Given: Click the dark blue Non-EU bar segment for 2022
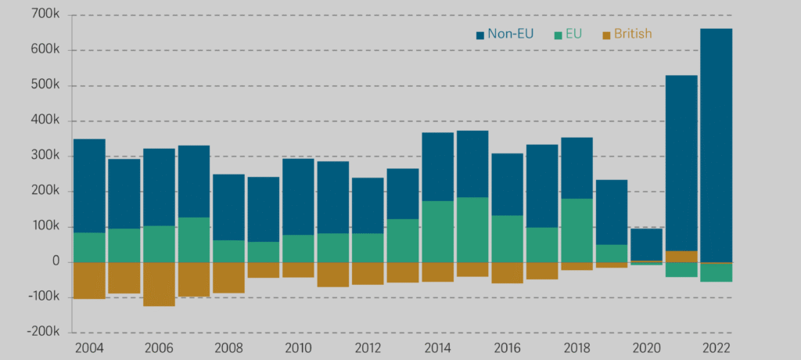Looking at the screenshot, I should click(716, 145).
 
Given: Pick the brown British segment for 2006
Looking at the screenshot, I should click(159, 284).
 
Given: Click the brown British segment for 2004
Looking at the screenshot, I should click(89, 280).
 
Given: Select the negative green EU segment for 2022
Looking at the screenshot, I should click(716, 272).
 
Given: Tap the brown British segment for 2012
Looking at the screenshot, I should click(368, 273).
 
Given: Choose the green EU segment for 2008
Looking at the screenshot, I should click(228, 251).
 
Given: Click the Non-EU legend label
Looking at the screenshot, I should click(510, 34).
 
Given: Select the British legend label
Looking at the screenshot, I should click(633, 34).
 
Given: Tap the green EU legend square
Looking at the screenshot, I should click(558, 34).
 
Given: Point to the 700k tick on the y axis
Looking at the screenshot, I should click(46, 15).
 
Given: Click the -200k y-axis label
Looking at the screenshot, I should click(44, 333).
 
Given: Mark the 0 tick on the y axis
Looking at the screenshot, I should click(56, 262).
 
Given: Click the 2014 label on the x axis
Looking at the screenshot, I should click(436, 348).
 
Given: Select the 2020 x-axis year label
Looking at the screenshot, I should click(645, 348).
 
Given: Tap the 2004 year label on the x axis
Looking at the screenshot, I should click(88, 348).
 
